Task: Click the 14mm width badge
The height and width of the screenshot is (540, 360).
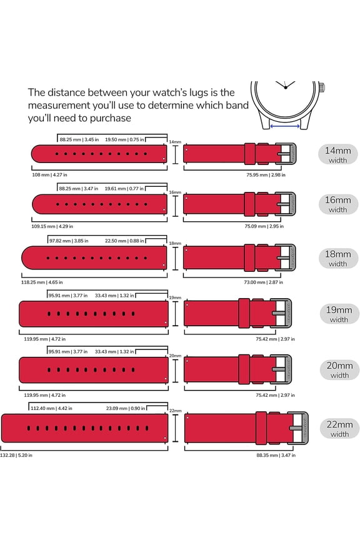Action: (x=338, y=154)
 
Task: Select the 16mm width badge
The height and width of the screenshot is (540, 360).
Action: (x=338, y=204)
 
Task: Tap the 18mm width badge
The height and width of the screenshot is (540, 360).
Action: (x=338, y=258)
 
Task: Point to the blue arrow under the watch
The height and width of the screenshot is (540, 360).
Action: (x=287, y=126)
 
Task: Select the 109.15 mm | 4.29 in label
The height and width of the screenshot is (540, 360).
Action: (x=51, y=226)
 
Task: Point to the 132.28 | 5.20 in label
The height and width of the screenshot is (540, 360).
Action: (x=17, y=455)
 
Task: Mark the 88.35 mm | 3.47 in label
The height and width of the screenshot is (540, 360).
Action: (x=276, y=455)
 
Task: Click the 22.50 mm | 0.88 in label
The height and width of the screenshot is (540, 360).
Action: (x=125, y=240)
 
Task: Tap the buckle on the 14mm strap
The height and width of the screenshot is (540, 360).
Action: (x=286, y=154)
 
